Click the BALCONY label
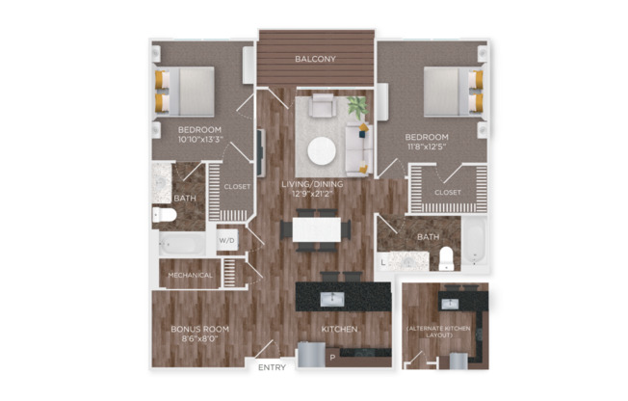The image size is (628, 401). point(316,59)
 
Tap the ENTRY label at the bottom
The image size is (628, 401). point(273,367)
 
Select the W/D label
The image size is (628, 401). point(227,240)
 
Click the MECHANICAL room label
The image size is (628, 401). point(190,275)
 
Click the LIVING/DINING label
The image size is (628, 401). point(316,183)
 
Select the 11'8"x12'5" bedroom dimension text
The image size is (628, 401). point(427,147)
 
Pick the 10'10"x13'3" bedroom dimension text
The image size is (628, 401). point(199,140)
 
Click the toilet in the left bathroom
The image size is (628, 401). point(165,214)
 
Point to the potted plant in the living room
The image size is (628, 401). point(357,107)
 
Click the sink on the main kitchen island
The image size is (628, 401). point(329,297)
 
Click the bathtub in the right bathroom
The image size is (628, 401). point(475,241)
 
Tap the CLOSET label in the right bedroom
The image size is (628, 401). point(448,193)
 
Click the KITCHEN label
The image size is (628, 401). point(339,330)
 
